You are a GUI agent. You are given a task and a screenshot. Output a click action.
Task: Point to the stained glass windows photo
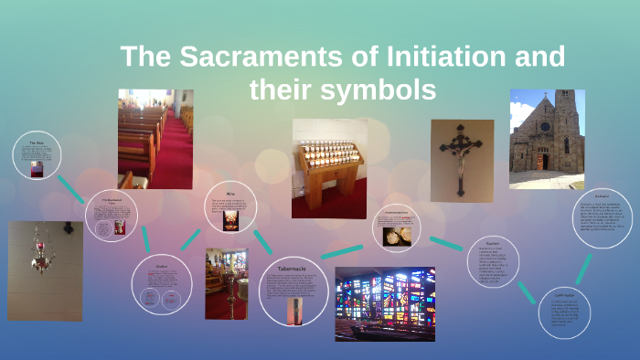(x=385, y=303)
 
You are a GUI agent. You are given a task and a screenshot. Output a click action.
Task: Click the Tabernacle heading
(x=293, y=270)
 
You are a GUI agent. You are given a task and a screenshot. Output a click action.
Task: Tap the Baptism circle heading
(x=493, y=244)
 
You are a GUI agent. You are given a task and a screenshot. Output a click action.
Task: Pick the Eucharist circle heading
(x=601, y=195)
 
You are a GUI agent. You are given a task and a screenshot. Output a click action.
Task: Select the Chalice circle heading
(x=160, y=266)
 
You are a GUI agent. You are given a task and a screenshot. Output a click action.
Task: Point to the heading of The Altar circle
(x=37, y=143)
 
